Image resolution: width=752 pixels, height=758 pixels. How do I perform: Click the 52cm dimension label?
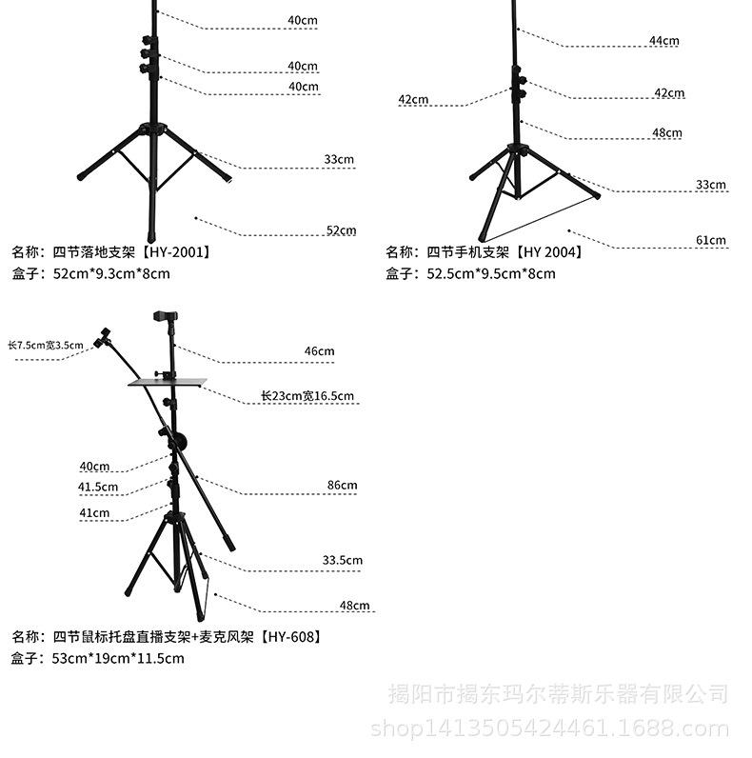341,230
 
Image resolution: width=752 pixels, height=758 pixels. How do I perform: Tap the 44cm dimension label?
663,41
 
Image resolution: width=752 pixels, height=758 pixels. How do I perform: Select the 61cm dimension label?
710,240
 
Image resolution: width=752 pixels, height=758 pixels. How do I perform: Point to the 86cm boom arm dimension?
342,486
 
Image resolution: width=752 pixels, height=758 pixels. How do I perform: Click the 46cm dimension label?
319,351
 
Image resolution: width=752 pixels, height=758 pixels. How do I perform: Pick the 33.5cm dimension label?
342,561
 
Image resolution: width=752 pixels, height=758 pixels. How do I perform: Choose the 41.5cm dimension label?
98,488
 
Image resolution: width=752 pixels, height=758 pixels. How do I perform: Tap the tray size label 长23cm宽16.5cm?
307,396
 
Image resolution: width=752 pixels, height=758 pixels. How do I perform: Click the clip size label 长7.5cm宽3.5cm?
45,346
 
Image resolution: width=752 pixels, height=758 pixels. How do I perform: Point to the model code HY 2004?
550,252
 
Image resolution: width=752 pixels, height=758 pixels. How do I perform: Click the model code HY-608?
290,636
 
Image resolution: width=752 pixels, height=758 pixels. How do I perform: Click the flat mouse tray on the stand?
168,383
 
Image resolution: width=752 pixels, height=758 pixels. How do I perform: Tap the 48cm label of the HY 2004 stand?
667,133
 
